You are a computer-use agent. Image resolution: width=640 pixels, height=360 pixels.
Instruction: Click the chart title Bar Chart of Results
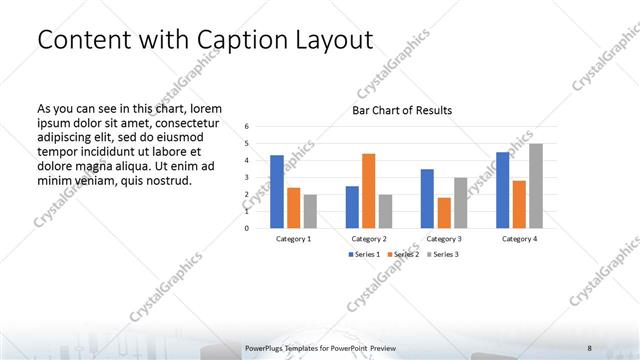402,110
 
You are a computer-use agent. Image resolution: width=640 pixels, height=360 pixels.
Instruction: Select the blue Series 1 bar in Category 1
276,191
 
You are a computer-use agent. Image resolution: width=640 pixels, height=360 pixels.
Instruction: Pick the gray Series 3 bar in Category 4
536,185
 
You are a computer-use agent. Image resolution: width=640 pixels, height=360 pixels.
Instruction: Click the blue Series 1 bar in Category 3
427,198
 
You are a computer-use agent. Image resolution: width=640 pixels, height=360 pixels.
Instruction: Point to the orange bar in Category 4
519,203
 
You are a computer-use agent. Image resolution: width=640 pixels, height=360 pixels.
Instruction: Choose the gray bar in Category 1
310,210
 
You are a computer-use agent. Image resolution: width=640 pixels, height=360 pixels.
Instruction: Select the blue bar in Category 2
352,206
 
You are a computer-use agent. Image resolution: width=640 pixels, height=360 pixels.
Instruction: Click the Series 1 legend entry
363,254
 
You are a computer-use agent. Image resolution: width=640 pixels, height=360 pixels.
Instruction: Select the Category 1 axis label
293,239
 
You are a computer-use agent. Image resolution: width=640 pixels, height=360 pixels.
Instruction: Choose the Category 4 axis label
519,239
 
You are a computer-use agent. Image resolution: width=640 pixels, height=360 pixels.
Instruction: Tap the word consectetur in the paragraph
183,121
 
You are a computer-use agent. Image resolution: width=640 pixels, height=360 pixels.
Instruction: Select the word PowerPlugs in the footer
265,347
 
